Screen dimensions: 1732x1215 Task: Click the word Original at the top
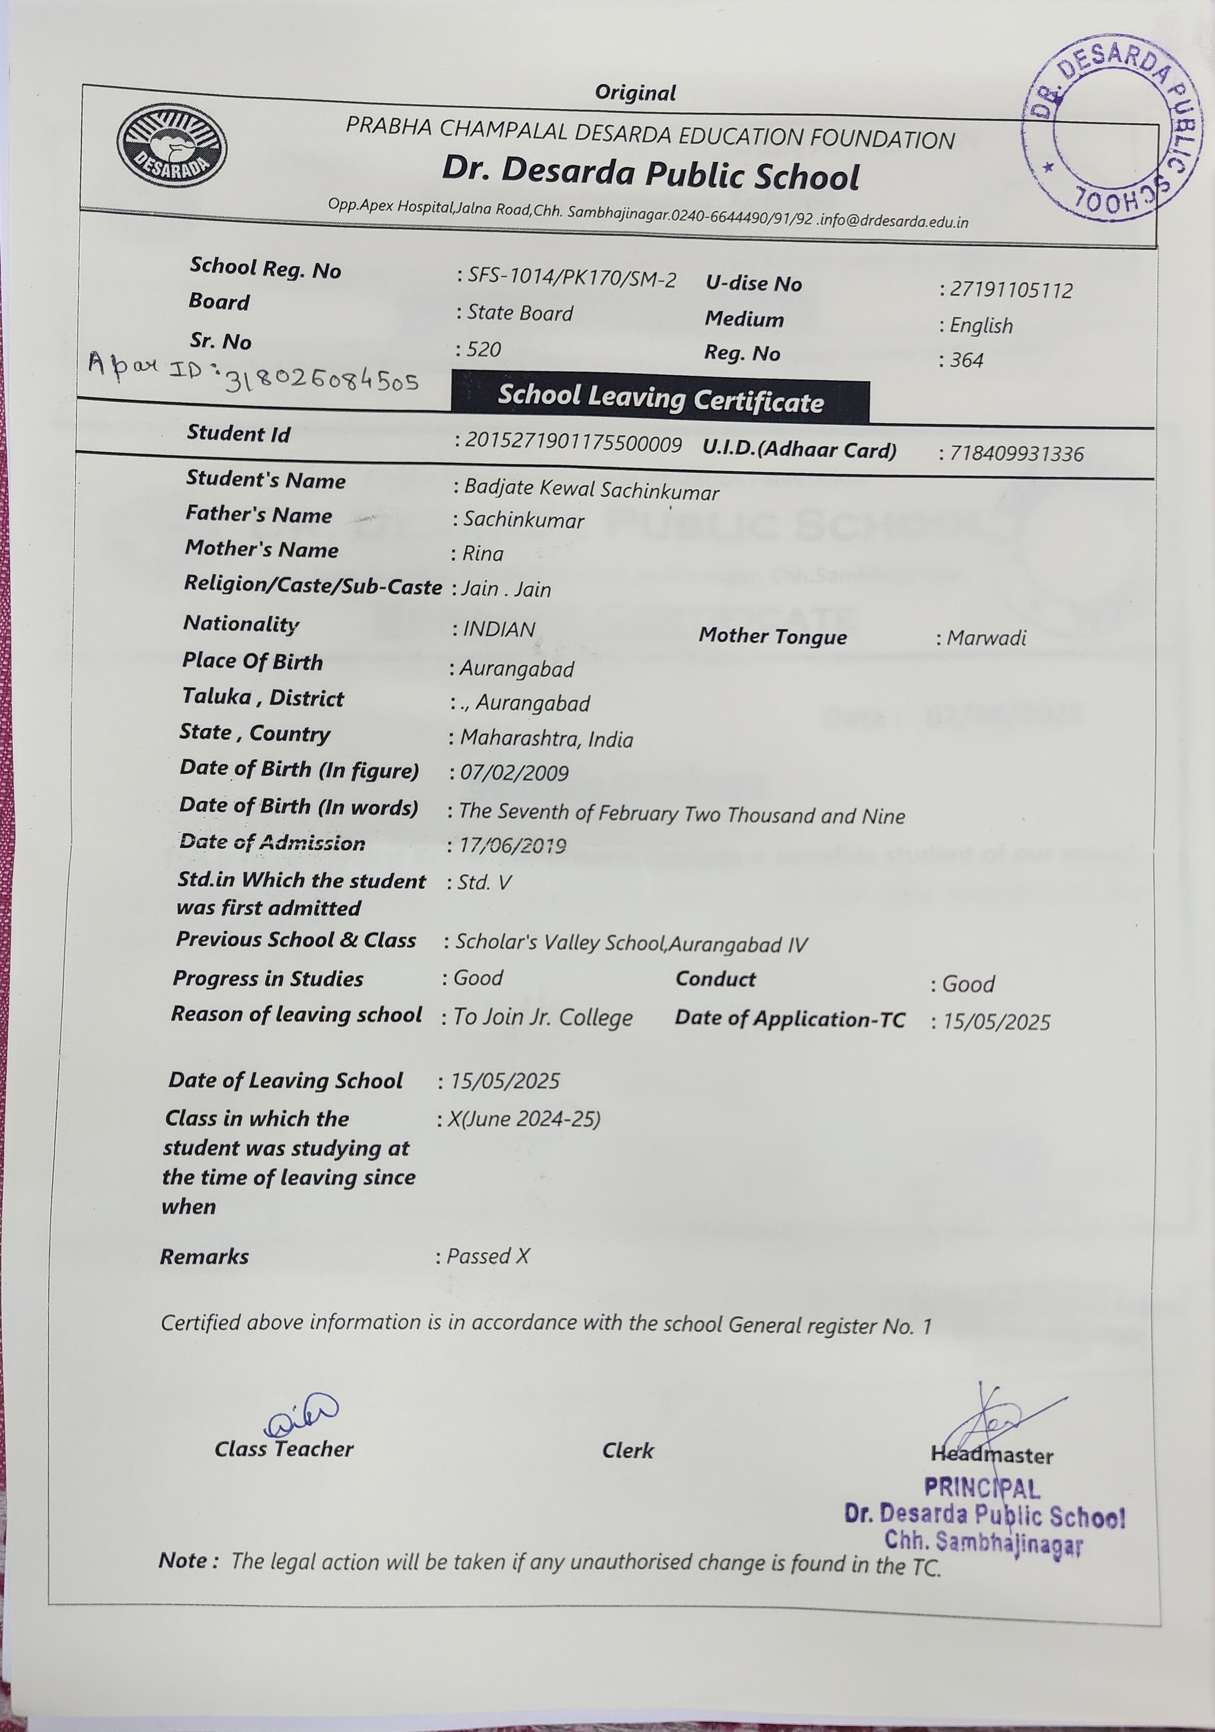pyautogui.click(x=635, y=93)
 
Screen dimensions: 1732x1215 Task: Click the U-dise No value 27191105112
pyautogui.click(x=1011, y=290)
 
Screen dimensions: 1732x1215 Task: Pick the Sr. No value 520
pyautogui.click(x=483, y=349)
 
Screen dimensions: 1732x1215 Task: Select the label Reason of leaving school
pyautogui.click(x=296, y=1014)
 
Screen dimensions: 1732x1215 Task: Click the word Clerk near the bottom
pyautogui.click(x=628, y=1450)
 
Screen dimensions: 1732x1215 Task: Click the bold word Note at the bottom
pyautogui.click(x=184, y=1560)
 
